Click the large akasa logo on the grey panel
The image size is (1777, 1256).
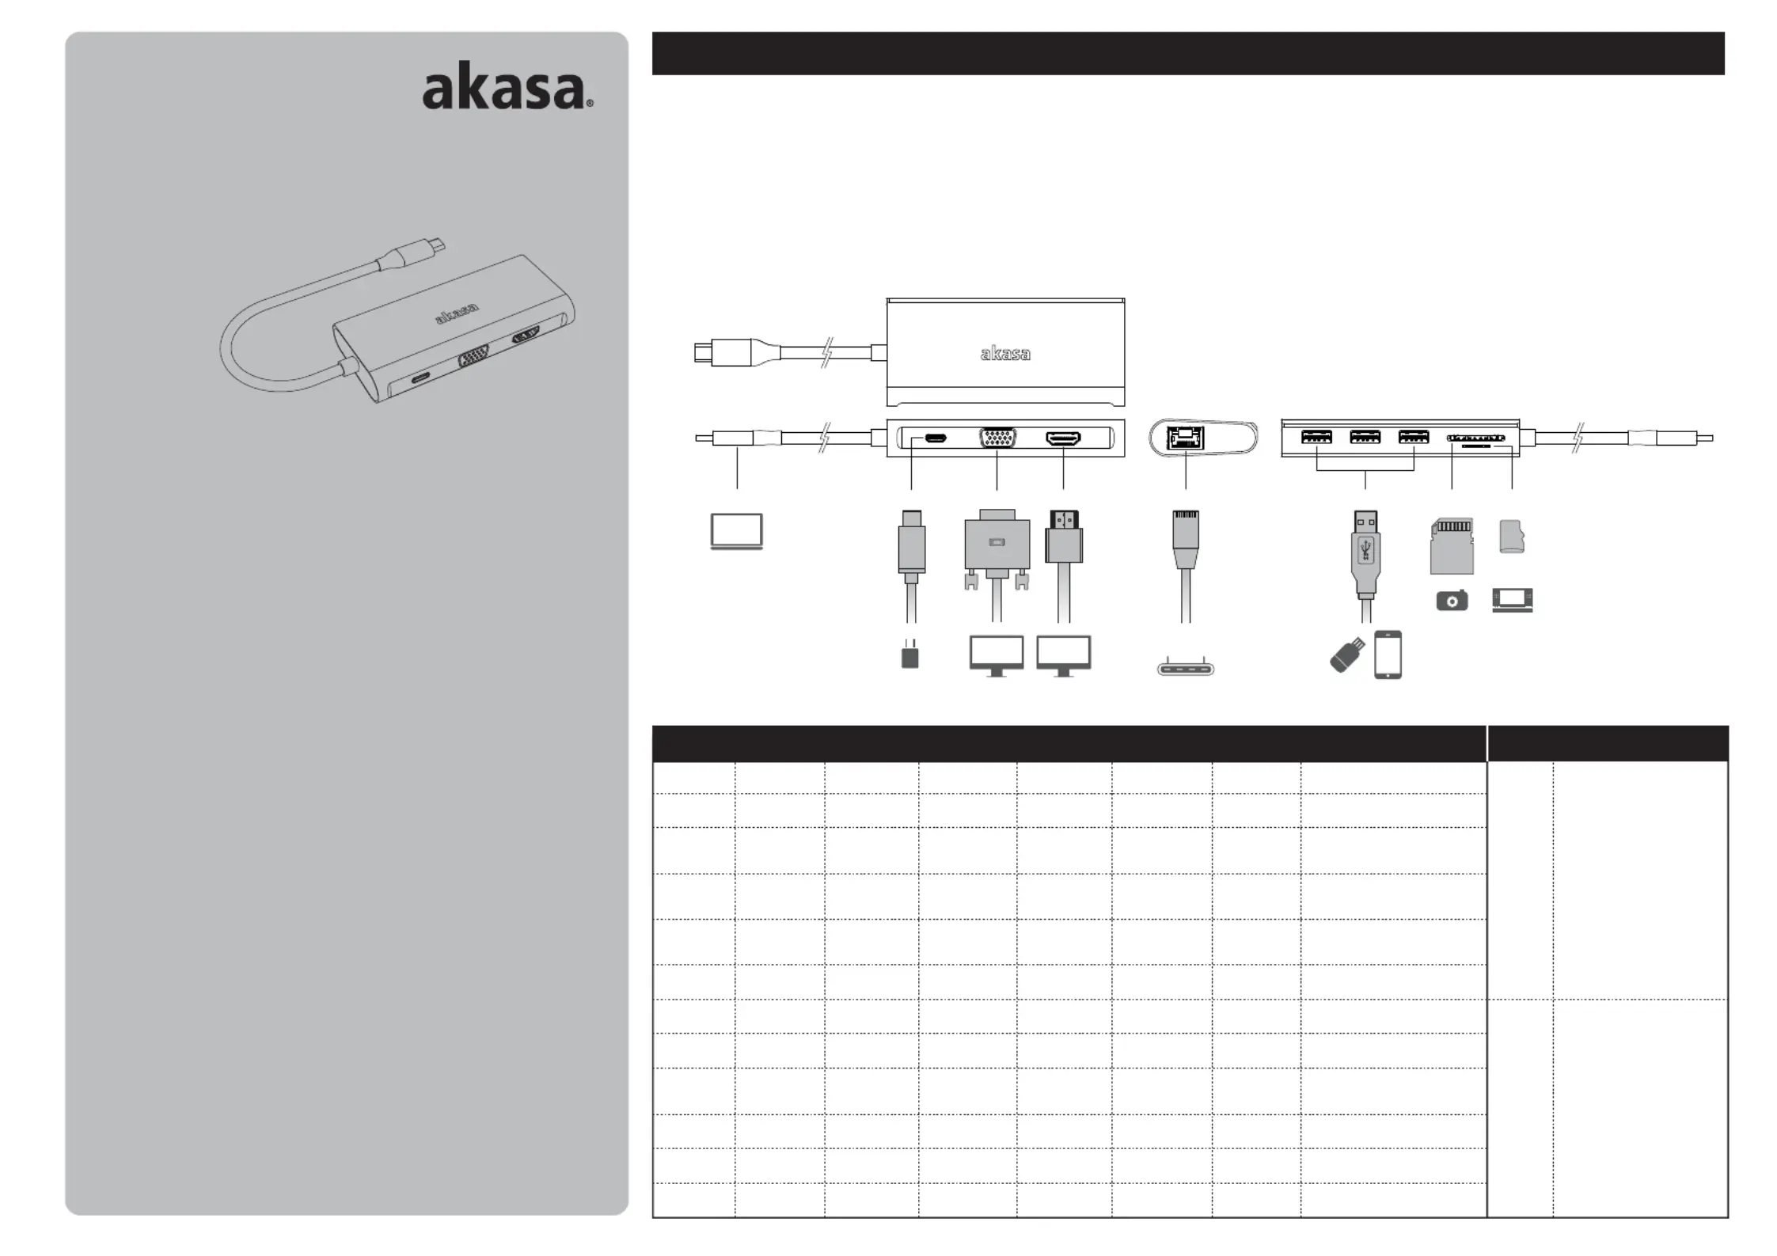pyautogui.click(x=507, y=90)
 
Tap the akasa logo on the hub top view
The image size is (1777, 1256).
pyautogui.click(x=1005, y=354)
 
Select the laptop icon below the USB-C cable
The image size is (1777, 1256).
pyautogui.click(x=737, y=531)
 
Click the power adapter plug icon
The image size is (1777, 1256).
pyautogui.click(x=910, y=654)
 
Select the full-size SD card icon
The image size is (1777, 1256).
pyautogui.click(x=1452, y=546)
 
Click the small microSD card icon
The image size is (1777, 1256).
pyautogui.click(x=1512, y=537)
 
